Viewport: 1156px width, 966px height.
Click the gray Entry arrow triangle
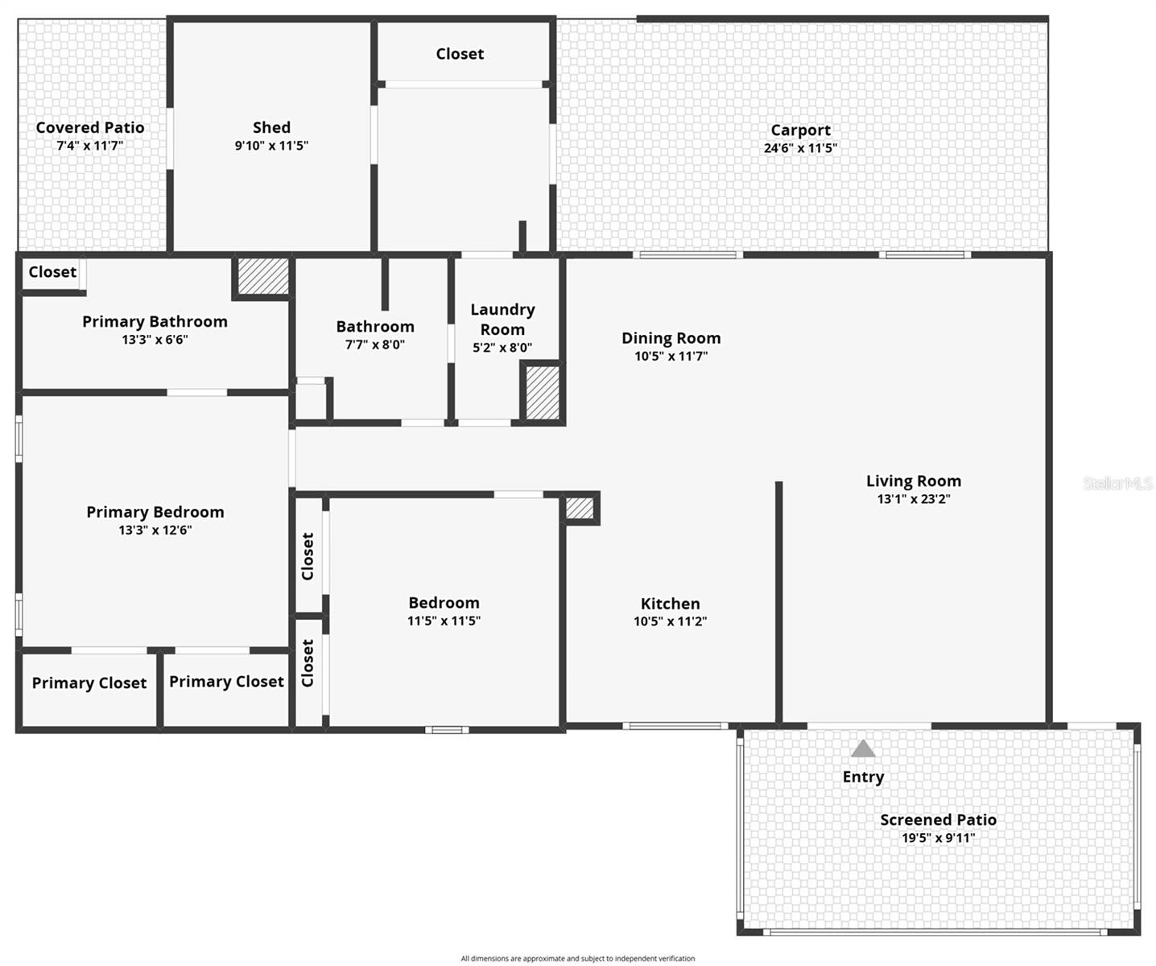pos(863,749)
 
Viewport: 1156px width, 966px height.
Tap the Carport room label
pos(800,130)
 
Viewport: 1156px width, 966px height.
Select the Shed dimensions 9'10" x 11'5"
pos(271,146)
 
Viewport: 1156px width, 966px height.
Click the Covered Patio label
pos(90,127)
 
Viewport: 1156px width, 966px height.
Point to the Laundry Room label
pos(502,319)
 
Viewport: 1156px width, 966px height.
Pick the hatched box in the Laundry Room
pos(543,392)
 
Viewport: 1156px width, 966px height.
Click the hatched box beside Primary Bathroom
pos(262,276)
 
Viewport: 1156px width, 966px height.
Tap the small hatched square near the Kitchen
pos(579,508)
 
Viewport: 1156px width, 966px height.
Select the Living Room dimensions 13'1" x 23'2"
pos(914,499)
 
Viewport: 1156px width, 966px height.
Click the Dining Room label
pos(671,338)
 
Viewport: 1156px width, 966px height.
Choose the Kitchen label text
pos(670,603)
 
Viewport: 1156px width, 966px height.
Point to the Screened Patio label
pos(938,819)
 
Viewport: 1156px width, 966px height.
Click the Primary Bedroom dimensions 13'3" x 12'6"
pos(155,530)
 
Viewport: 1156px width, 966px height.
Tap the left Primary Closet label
pos(89,683)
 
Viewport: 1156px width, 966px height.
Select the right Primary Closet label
pos(226,681)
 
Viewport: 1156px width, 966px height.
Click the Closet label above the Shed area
pos(460,54)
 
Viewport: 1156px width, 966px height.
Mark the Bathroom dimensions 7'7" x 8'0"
pos(375,345)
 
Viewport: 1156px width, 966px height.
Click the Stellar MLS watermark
pos(1118,483)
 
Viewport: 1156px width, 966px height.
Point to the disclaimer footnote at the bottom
pos(577,959)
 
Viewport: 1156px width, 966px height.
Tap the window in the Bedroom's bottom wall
pos(447,730)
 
